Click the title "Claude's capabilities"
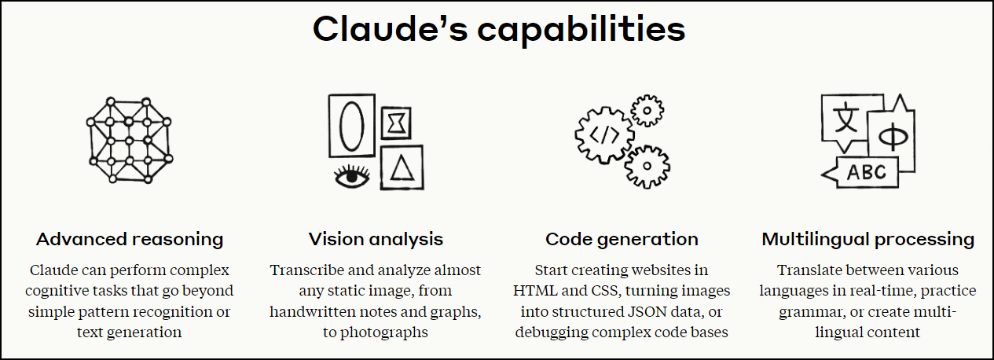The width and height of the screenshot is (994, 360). click(498, 30)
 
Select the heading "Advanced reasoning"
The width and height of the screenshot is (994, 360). click(130, 239)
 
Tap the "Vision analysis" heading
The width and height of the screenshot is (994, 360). click(376, 239)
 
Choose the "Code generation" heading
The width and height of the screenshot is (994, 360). click(622, 239)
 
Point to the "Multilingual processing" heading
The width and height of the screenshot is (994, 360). click(868, 239)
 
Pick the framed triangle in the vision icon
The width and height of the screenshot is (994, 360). click(401, 167)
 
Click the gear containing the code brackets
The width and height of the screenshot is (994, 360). click(603, 134)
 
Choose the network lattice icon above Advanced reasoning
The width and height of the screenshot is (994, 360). click(129, 138)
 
